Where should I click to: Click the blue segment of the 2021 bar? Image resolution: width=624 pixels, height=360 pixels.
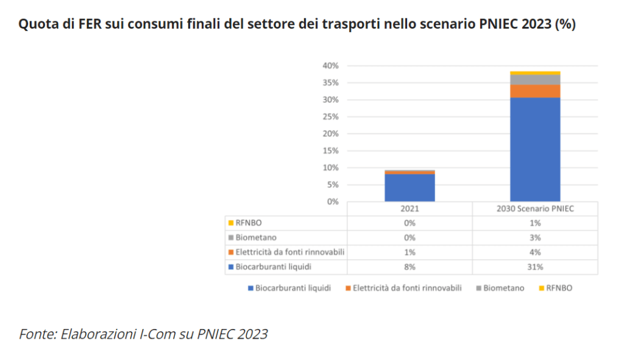(x=409, y=188)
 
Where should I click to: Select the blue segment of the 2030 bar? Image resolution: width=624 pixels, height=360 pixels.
(x=535, y=149)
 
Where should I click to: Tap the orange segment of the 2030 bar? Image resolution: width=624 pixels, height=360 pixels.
(x=535, y=91)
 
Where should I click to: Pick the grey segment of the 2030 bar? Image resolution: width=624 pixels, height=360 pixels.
(x=535, y=80)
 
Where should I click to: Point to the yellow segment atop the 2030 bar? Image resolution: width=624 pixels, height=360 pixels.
(x=535, y=73)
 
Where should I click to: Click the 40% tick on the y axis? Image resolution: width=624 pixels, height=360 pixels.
(x=331, y=66)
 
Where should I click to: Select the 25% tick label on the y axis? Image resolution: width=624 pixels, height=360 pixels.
(x=331, y=116)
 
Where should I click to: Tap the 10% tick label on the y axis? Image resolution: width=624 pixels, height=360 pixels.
(x=331, y=168)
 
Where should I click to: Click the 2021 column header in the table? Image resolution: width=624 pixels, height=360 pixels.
(x=409, y=208)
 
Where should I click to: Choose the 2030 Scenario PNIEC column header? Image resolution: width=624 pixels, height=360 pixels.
(x=535, y=208)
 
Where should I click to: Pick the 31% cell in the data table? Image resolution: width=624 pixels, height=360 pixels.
(x=535, y=267)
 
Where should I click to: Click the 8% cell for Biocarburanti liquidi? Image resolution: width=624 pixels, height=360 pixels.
(x=409, y=267)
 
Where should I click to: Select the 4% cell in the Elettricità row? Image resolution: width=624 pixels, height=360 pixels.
(x=535, y=252)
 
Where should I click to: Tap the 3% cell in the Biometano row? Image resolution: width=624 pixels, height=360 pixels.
(x=535, y=238)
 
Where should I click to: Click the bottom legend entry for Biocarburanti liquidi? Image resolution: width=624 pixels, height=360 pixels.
(x=292, y=288)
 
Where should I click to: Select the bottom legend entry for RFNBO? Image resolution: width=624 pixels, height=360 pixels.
(x=559, y=288)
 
